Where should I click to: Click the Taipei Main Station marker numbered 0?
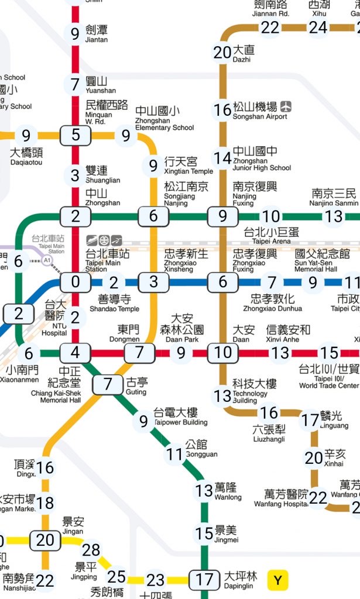(76, 282)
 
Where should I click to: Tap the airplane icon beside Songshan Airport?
(286, 106)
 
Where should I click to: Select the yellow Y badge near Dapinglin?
(278, 580)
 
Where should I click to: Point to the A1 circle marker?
(46, 260)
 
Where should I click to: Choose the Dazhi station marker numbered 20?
(222, 53)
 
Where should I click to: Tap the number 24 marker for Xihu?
(318, 27)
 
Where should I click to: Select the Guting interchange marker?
(107, 384)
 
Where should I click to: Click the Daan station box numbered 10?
(223, 353)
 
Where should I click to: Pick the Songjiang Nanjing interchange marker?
(153, 216)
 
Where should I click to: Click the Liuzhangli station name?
(269, 433)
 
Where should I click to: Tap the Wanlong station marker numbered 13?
(204, 490)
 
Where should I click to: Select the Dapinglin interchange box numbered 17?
(204, 580)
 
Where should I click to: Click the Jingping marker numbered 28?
(91, 550)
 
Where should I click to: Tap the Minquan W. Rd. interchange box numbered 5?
(76, 135)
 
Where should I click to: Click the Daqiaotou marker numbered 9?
(26, 136)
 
